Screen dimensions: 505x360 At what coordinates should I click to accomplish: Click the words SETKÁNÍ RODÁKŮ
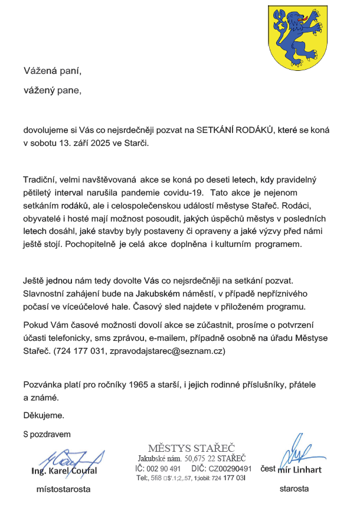coord(235,130)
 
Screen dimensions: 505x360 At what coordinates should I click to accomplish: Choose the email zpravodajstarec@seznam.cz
coord(167,351)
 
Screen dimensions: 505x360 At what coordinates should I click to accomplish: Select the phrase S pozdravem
coord(47,434)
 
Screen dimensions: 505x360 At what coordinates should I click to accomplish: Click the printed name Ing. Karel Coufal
coord(64,471)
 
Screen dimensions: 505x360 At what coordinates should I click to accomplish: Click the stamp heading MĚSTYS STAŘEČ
coord(191,448)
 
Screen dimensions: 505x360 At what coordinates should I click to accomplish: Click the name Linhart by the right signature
coord(309,471)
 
